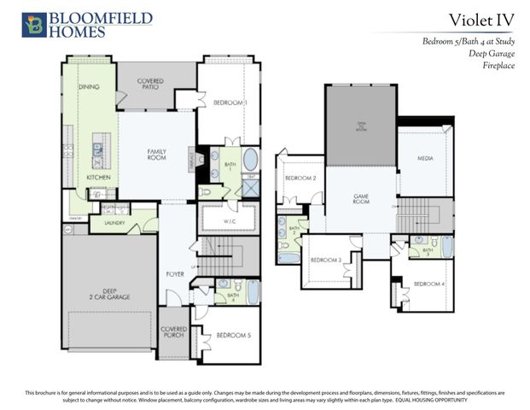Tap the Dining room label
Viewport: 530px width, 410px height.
(88, 87)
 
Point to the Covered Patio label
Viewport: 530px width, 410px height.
(150, 85)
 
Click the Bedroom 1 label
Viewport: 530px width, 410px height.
(230, 102)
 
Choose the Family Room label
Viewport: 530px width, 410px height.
(156, 155)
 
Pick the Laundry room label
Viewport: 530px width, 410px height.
(114, 223)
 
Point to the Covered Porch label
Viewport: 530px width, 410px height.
(174, 332)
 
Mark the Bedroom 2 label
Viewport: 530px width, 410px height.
(300, 178)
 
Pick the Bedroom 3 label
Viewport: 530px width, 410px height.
(326, 260)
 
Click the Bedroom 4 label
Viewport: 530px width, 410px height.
(428, 284)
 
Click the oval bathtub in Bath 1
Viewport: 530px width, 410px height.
(250, 160)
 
